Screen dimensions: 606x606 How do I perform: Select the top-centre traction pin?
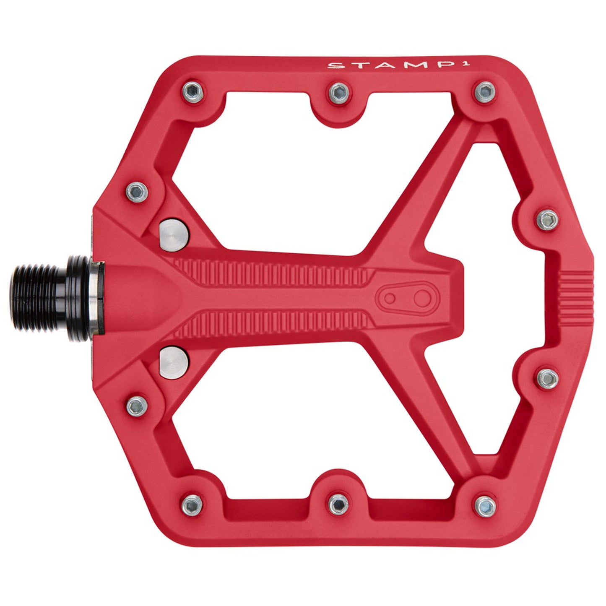click(x=339, y=92)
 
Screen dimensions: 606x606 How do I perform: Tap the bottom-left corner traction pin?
click(x=192, y=505)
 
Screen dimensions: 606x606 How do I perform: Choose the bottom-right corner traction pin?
click(x=485, y=506)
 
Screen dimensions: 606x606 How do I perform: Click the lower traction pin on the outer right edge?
click(x=547, y=378)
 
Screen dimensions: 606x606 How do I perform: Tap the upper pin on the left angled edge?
click(x=137, y=192)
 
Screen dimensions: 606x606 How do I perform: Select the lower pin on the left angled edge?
click(x=137, y=406)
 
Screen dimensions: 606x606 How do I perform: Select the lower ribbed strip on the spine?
click(x=273, y=325)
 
